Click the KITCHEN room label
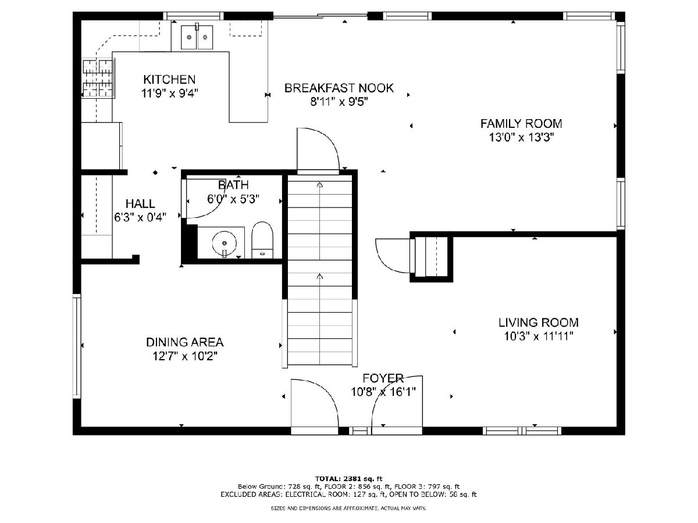click(169, 79)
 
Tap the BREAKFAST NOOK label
click(339, 88)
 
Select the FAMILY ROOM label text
click(521, 124)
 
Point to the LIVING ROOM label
click(539, 323)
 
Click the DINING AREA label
click(185, 342)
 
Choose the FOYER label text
click(383, 378)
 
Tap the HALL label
click(140, 203)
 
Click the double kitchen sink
click(197, 37)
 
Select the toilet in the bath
click(262, 240)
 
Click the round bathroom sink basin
click(224, 243)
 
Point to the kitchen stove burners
click(98, 78)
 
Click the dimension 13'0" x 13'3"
click(521, 138)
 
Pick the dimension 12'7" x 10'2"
click(185, 356)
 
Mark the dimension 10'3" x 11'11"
click(539, 336)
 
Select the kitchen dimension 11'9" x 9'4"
click(169, 94)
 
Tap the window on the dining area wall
click(77, 346)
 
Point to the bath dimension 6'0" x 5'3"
click(233, 199)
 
